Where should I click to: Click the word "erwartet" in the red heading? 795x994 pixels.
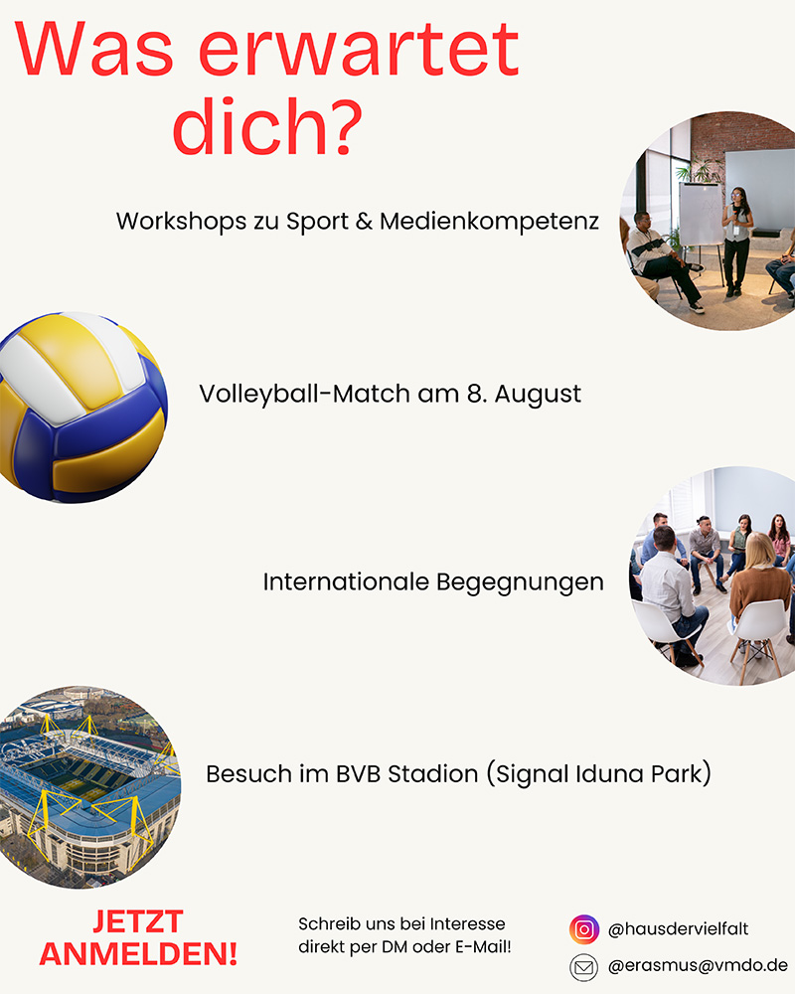[359, 50]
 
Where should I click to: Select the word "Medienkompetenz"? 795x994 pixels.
[489, 222]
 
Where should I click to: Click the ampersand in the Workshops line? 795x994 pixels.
[364, 222]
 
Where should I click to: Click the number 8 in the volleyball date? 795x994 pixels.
[475, 394]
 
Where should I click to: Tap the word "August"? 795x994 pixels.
[538, 395]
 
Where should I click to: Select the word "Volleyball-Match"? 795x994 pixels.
[304, 395]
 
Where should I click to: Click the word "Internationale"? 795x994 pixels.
[346, 581]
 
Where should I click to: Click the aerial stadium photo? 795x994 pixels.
[89, 786]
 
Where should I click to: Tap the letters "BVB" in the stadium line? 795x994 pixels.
[358, 774]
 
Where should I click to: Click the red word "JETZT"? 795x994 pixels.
[138, 921]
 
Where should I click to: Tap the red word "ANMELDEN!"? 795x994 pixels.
[138, 954]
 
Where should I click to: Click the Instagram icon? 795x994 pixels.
[584, 929]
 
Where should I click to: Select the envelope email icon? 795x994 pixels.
[584, 967]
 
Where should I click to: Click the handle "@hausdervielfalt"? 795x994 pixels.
[678, 929]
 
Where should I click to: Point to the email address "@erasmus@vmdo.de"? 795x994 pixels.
[698, 965]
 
